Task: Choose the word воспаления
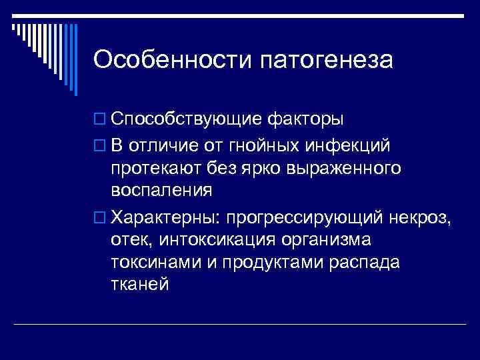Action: point(162,191)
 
